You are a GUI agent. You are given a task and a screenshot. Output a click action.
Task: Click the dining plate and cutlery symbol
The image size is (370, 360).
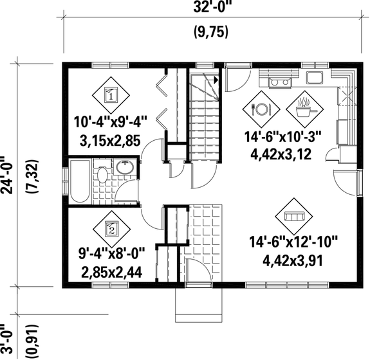262,109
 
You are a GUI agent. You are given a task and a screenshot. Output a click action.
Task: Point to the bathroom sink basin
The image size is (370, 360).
124,168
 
